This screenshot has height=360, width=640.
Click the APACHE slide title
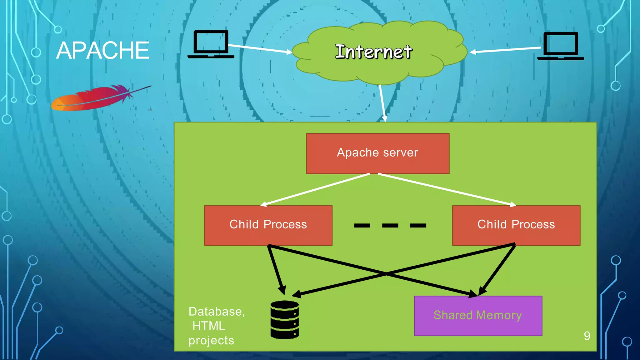[102, 50]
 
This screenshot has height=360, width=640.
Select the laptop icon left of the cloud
[211, 44]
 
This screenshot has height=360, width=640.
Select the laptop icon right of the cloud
[561, 46]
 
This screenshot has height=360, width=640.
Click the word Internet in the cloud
[373, 52]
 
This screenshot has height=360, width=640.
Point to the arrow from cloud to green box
[382, 103]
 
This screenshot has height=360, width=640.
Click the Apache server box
[377, 153]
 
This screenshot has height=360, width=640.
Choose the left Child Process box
[268, 225]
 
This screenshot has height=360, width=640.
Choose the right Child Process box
[516, 225]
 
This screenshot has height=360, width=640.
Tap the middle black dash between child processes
[390, 225]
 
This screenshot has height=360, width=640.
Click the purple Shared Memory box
[478, 316]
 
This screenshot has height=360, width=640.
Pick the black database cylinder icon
[284, 320]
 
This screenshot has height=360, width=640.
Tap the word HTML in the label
[209, 326]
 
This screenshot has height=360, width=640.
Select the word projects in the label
[211, 340]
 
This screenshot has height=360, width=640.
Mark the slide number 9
[587, 336]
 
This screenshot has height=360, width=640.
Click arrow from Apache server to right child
[447, 189]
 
